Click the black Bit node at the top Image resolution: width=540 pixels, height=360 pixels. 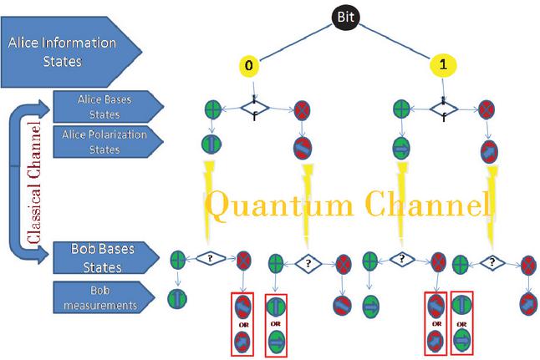(x=344, y=16)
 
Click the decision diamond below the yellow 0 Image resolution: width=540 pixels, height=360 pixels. (x=253, y=107)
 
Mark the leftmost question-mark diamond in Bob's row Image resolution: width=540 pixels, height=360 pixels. (x=211, y=258)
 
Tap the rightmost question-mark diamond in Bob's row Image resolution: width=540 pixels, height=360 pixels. (x=493, y=261)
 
